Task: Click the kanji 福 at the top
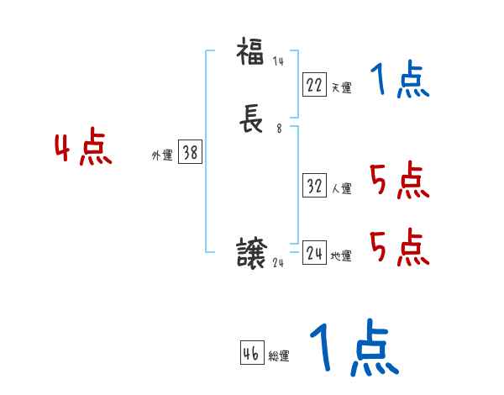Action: coord(249,53)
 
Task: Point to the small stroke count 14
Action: coord(278,61)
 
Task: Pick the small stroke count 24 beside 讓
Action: coord(280,262)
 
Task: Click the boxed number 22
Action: coord(314,84)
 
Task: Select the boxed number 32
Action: coord(314,187)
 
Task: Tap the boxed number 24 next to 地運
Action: coord(314,253)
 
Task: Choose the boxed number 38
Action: coord(190,152)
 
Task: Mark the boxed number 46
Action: coord(251,354)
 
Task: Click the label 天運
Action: coord(341,87)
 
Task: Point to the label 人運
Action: coord(341,189)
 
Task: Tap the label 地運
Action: coord(341,255)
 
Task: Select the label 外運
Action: coord(161,155)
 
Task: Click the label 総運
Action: coord(279,356)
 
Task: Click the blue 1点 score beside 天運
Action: coord(400,81)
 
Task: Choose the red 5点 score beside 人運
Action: coord(399,180)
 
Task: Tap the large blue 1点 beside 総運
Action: coord(354,347)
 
